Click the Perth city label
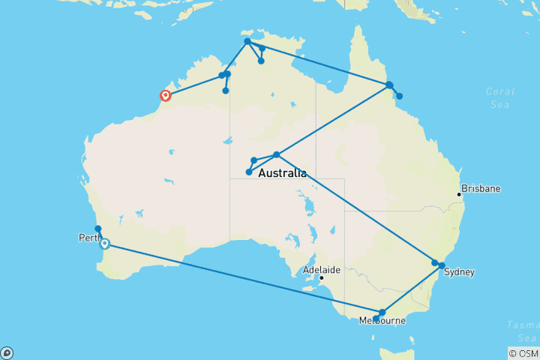(x=88, y=238)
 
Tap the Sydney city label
(x=459, y=272)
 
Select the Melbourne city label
(x=382, y=321)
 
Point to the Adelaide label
(x=322, y=268)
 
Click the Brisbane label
(x=481, y=188)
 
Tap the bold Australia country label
(x=282, y=173)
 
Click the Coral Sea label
(x=499, y=98)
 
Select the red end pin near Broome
(x=165, y=95)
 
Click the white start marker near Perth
(x=105, y=244)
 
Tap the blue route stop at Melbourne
(x=382, y=312)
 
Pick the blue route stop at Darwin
(x=247, y=41)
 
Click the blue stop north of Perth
(x=97, y=229)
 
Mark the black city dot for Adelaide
(x=322, y=278)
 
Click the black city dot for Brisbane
(x=459, y=195)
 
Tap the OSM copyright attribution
(x=523, y=353)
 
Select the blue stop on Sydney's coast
(x=442, y=265)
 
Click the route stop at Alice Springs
(x=277, y=154)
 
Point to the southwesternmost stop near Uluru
(x=249, y=172)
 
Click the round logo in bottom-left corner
(x=7, y=352)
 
